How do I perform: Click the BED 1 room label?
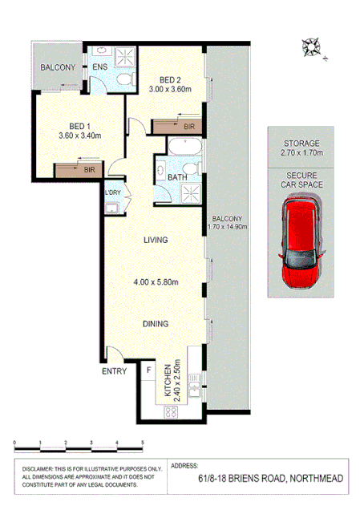78,126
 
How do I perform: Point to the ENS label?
100,67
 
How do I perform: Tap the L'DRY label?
113,192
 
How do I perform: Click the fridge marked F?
149,371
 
